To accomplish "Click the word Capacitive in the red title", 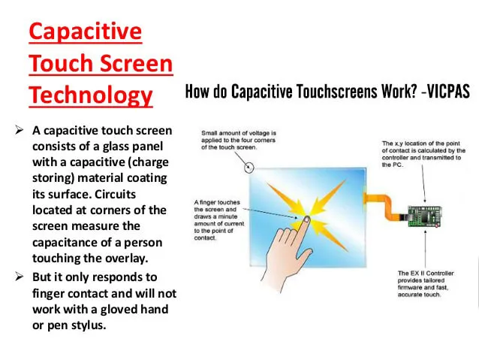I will pos(85,32).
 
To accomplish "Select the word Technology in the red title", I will pos(91,95).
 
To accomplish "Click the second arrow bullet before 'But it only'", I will pos(20,277).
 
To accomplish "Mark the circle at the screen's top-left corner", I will pos(246,165).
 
